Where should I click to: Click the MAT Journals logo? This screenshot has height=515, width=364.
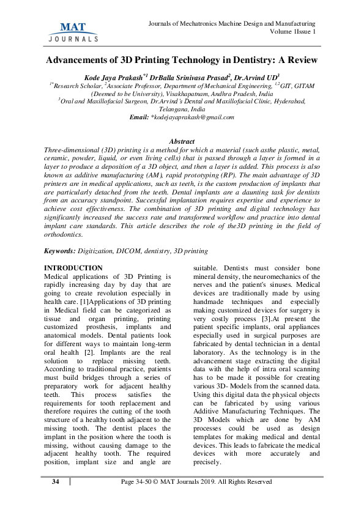click(72, 31)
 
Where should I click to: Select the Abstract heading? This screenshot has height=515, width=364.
click(182, 141)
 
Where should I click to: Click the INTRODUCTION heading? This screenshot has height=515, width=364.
click(75, 268)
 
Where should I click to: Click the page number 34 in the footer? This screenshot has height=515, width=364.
click(56, 482)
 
